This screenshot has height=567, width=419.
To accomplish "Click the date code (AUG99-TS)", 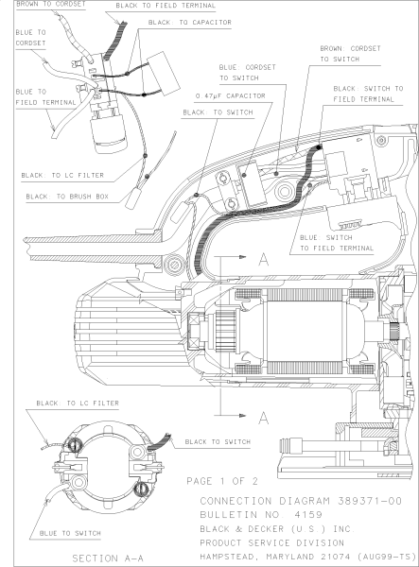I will coord(388,559).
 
